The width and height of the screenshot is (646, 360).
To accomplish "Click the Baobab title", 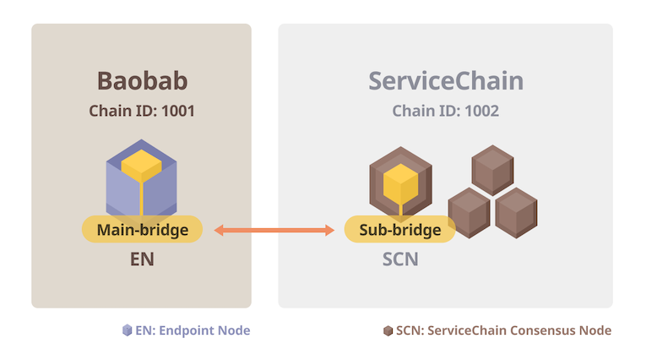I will point(141,81).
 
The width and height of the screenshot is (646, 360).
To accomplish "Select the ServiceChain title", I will point(445,81).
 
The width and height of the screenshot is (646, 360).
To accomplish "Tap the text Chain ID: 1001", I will point(141,111).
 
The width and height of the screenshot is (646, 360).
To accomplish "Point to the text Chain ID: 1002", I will point(445,111).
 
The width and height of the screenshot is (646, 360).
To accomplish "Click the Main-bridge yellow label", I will point(142,230).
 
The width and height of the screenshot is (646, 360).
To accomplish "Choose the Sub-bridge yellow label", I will point(400,230).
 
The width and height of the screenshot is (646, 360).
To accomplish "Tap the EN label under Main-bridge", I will point(141,259).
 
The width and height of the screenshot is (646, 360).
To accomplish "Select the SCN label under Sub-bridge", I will point(400,259).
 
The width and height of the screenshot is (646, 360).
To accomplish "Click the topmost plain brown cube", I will point(492,169).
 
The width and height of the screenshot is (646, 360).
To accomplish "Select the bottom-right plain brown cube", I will point(516,211).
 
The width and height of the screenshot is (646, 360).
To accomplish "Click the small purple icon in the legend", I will point(128,330).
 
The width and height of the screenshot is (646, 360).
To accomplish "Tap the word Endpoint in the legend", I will point(192,330).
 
